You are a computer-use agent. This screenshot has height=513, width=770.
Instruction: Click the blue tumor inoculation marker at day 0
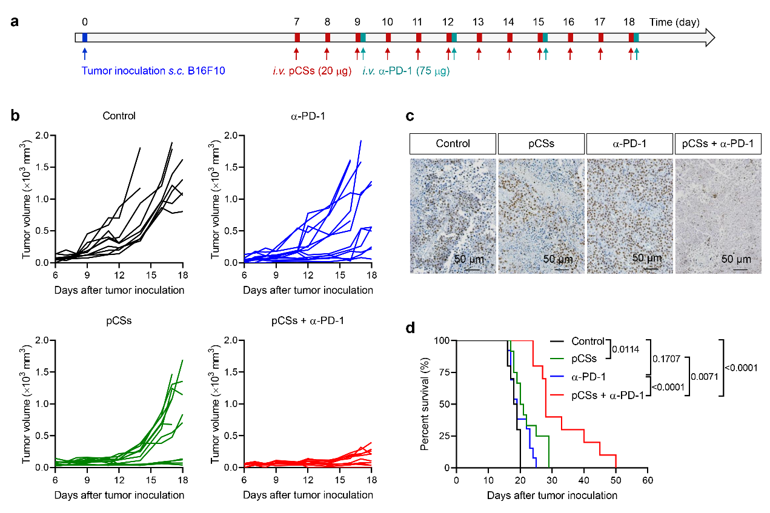85,38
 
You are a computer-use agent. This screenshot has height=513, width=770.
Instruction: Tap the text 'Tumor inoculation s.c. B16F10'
154,71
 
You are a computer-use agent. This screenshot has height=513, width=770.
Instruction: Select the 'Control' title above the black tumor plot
119,116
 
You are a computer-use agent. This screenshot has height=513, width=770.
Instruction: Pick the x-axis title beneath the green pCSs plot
119,495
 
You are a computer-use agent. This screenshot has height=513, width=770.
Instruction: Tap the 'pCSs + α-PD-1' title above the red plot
308,320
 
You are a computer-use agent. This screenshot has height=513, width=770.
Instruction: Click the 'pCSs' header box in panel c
542,144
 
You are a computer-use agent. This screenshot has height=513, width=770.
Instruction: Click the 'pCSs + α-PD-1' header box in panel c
717,144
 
